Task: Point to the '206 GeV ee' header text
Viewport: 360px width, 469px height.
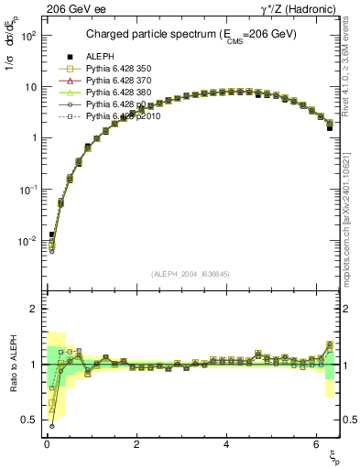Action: (73, 10)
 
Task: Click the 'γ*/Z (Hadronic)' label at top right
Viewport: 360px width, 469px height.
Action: (298, 10)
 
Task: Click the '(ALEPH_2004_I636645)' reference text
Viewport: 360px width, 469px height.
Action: (190, 274)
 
